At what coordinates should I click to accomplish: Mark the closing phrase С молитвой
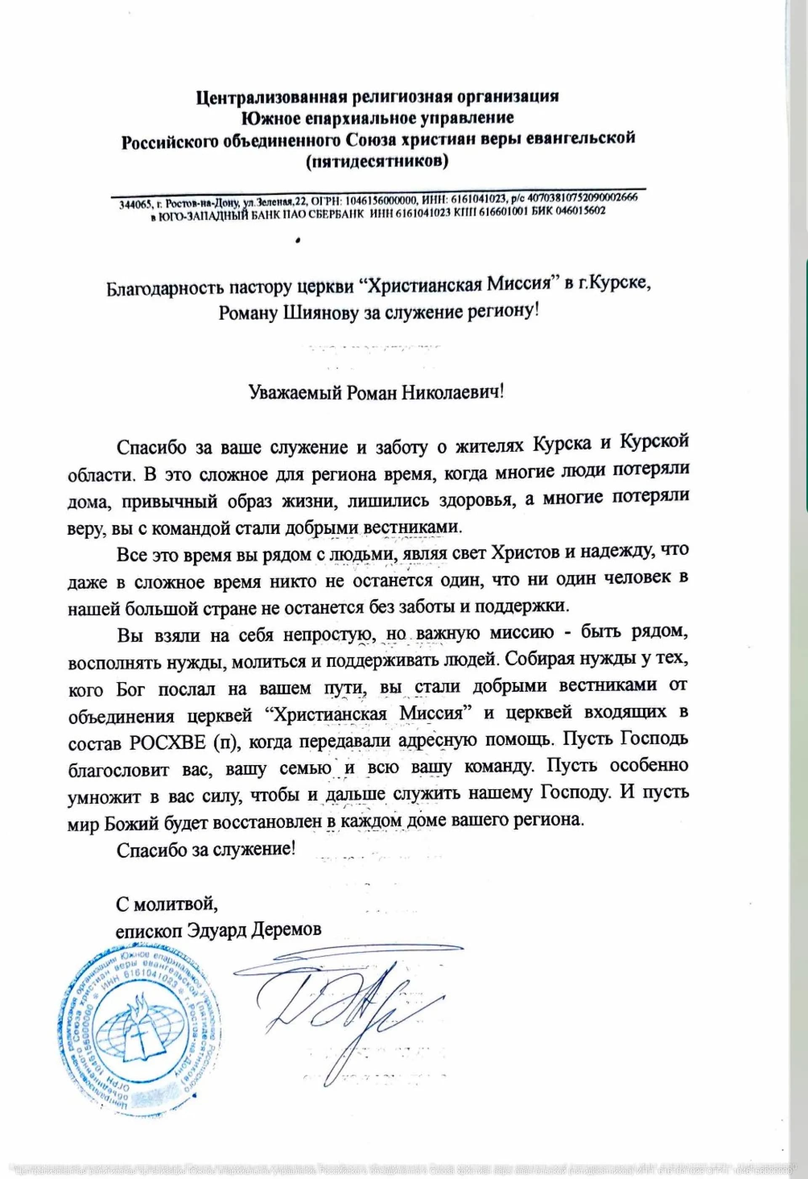click(x=167, y=904)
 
